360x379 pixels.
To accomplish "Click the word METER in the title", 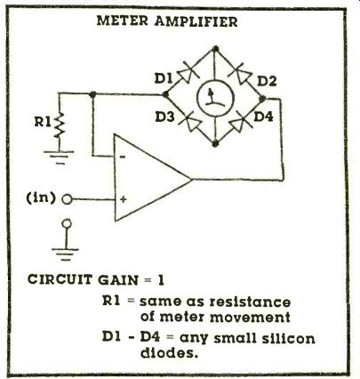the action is coord(122,21).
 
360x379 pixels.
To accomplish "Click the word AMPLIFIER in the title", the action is coord(196,21).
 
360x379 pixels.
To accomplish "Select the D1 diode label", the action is coord(164,78).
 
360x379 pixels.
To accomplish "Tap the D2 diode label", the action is coord(267,81).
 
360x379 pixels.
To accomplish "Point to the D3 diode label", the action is coord(164,117).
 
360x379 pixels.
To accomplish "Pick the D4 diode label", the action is coord(263,117).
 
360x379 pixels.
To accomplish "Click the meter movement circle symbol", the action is coord(215,97).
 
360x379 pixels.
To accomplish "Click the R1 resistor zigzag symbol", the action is coord(60,125).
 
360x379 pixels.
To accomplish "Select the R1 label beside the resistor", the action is coord(44,122).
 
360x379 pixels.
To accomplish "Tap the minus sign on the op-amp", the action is coord(123,157).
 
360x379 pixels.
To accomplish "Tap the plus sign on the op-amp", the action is coord(124,199).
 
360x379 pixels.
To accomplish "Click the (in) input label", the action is coord(41,198).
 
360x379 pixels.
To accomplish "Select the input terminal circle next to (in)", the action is coord(67,199).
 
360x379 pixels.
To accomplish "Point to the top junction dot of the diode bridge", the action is coord(216,48).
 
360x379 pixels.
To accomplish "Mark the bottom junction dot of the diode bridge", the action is coord(215,143).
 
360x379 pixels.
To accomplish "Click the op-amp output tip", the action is coord(191,179).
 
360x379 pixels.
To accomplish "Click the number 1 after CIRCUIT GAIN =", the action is coord(160,280).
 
